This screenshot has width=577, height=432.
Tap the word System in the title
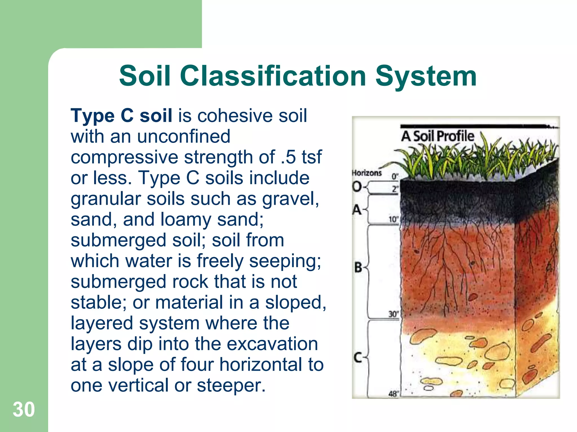[x=426, y=76]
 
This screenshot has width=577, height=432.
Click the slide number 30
[x=24, y=409]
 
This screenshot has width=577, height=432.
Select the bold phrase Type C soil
[x=121, y=116]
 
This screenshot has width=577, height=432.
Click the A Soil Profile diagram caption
[x=438, y=136]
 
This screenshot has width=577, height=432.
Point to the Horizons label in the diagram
[x=367, y=173]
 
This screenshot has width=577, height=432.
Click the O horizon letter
[x=357, y=186]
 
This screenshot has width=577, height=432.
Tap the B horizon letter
[x=358, y=267]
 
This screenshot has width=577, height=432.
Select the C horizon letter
[x=358, y=358]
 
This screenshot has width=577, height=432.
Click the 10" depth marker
[x=394, y=219]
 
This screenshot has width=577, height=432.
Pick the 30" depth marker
[x=394, y=314]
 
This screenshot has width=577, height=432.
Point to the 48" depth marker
[x=394, y=394]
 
